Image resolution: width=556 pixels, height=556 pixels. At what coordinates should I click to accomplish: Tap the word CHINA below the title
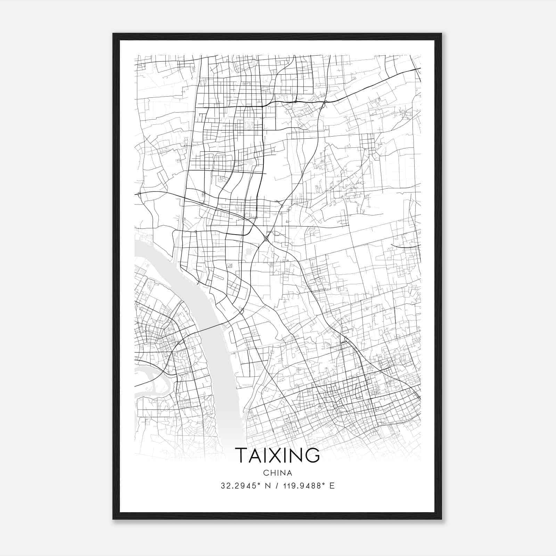click(x=277, y=473)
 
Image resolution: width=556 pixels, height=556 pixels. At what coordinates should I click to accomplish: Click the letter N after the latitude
click(x=267, y=486)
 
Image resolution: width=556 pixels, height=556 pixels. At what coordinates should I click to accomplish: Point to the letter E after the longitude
click(x=332, y=486)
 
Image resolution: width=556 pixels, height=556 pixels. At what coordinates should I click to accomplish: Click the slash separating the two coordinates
click(x=276, y=486)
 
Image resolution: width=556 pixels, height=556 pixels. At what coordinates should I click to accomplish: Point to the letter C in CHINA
click(x=265, y=473)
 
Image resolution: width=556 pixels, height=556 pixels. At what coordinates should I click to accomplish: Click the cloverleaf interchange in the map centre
click(x=266, y=238)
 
